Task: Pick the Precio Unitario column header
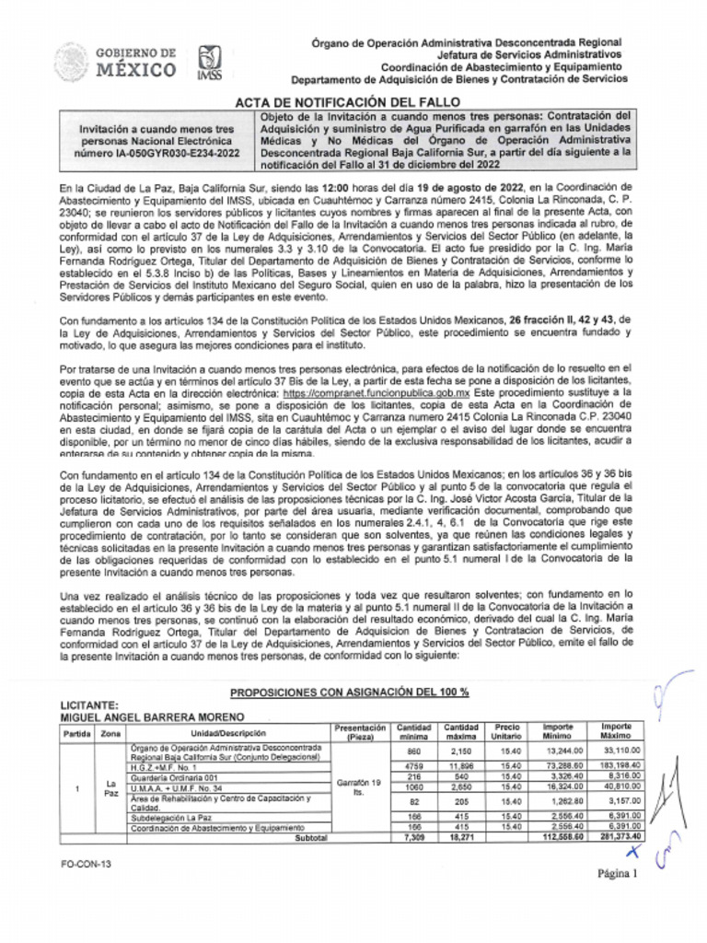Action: click(507, 731)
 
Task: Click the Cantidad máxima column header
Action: click(460, 731)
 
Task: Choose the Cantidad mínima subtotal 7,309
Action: click(413, 838)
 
